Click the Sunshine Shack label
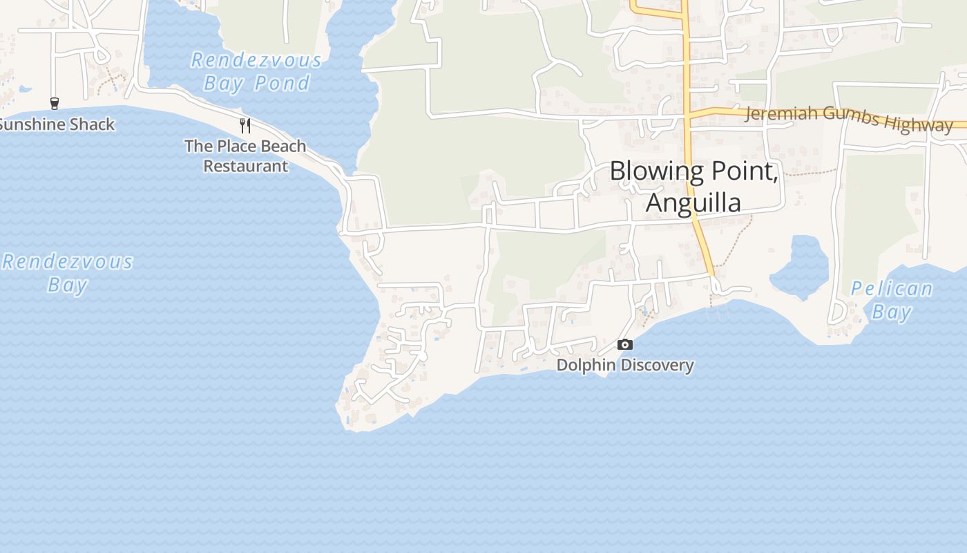pyautogui.click(x=57, y=124)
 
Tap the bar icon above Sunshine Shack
pyautogui.click(x=55, y=104)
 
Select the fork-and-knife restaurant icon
pyautogui.click(x=245, y=125)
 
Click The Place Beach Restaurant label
pyautogui.click(x=245, y=156)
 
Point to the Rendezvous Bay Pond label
pyautogui.click(x=256, y=72)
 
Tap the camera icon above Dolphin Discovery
pyautogui.click(x=625, y=344)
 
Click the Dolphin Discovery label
pyautogui.click(x=625, y=365)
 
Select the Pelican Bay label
pyautogui.click(x=891, y=300)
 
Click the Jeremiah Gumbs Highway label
pyautogui.click(x=848, y=118)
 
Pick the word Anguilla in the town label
pyautogui.click(x=693, y=203)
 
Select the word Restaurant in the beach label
pyautogui.click(x=245, y=166)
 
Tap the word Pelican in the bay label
pyautogui.click(x=891, y=288)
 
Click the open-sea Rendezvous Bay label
pyautogui.click(x=68, y=273)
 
